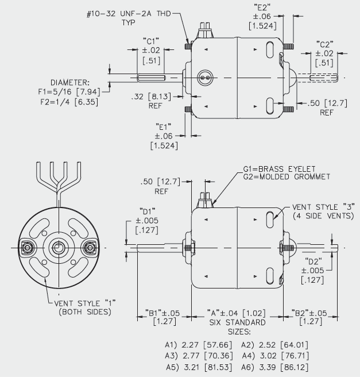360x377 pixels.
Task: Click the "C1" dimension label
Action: point(152,42)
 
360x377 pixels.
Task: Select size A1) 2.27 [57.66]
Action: point(187,345)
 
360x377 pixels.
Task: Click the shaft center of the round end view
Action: point(57,248)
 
